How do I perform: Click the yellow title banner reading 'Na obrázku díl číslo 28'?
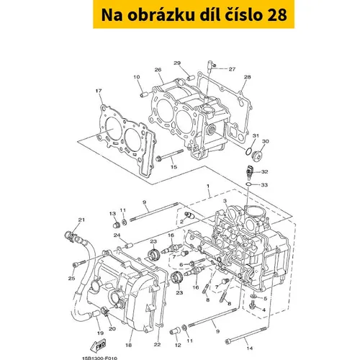coord(194,14)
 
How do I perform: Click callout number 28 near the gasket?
coord(247,77)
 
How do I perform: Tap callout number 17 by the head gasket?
coord(99,91)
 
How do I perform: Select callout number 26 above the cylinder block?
coord(158,70)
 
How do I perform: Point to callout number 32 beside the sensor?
coord(264,172)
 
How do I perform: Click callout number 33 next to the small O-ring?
coord(264,185)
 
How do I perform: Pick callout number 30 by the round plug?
coord(265,142)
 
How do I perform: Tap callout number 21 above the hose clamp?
coord(81,220)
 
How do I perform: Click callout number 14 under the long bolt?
coord(250,348)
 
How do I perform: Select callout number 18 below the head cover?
coord(129,345)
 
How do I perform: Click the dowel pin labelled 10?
coord(145,94)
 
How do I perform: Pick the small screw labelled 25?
coord(78,263)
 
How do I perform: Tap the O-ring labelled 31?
coord(248,151)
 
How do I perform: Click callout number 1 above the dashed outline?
coord(208,186)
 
